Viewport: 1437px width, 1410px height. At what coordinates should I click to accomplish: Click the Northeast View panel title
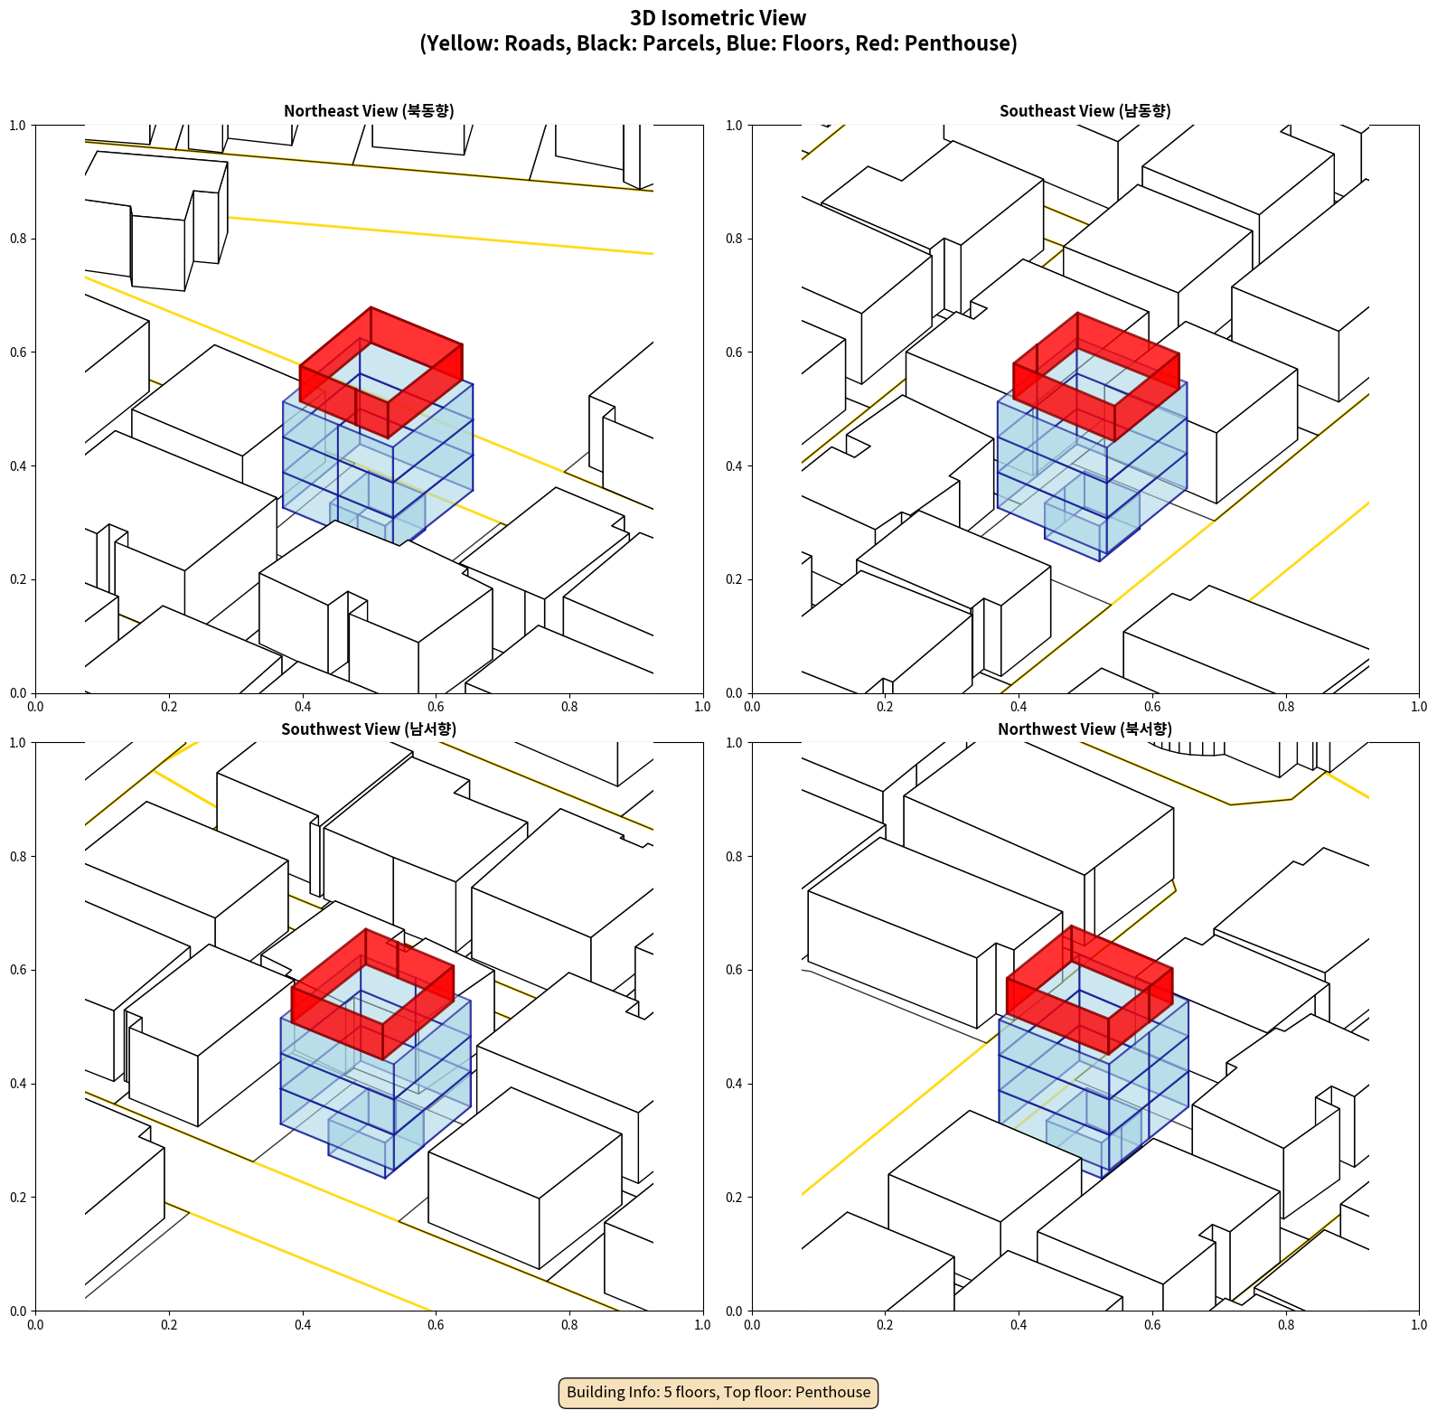369,111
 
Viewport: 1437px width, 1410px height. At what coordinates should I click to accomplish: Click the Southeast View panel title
1085,111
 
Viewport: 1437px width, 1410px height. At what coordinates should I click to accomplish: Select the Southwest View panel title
369,729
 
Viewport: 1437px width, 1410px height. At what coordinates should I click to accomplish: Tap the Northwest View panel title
1085,729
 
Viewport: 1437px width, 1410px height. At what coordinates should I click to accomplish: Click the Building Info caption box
718,1392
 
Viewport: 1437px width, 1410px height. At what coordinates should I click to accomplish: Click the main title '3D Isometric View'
718,18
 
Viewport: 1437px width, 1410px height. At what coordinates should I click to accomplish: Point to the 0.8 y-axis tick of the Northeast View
18,239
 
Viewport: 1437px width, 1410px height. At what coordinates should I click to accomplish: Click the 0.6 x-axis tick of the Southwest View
436,1325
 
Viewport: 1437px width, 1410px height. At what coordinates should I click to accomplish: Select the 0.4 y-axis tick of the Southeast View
734,466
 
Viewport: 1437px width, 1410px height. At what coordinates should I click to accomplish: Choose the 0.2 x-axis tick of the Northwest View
885,1325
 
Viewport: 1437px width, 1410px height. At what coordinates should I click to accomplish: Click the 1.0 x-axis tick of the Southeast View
1419,707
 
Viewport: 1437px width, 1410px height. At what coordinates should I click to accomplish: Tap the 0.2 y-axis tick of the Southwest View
18,1198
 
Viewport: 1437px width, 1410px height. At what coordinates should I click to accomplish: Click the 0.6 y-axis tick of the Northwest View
734,970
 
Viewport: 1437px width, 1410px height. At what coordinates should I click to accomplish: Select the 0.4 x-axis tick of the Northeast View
303,707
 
